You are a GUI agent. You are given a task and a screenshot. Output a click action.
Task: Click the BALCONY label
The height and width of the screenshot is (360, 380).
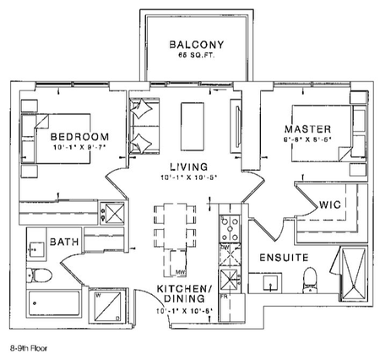pyautogui.click(x=195, y=45)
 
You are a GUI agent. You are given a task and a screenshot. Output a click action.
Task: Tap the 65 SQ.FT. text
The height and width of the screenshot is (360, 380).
pyautogui.click(x=195, y=55)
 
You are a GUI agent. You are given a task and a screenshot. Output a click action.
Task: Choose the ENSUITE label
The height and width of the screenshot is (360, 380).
pyautogui.click(x=283, y=257)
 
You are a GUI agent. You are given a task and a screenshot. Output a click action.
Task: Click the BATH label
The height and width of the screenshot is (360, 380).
pyautogui.click(x=64, y=242)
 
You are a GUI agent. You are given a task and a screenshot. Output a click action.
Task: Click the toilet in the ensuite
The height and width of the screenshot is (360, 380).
pyautogui.click(x=311, y=279)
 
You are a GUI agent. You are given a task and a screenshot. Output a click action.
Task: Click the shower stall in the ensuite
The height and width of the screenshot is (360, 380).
pyautogui.click(x=352, y=275)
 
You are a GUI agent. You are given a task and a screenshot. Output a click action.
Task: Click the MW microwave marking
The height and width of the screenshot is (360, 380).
pyautogui.click(x=181, y=272)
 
